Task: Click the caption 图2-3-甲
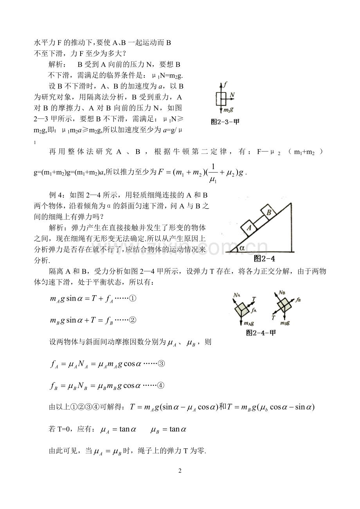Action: (225, 122)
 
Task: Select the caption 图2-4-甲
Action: (264, 333)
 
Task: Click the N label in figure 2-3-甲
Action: (232, 94)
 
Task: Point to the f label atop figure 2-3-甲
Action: (225, 84)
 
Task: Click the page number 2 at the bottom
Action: (180, 471)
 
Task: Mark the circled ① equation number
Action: (132, 299)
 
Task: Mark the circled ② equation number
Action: (132, 320)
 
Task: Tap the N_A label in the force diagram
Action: (236, 295)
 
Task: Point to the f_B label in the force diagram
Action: (299, 300)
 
